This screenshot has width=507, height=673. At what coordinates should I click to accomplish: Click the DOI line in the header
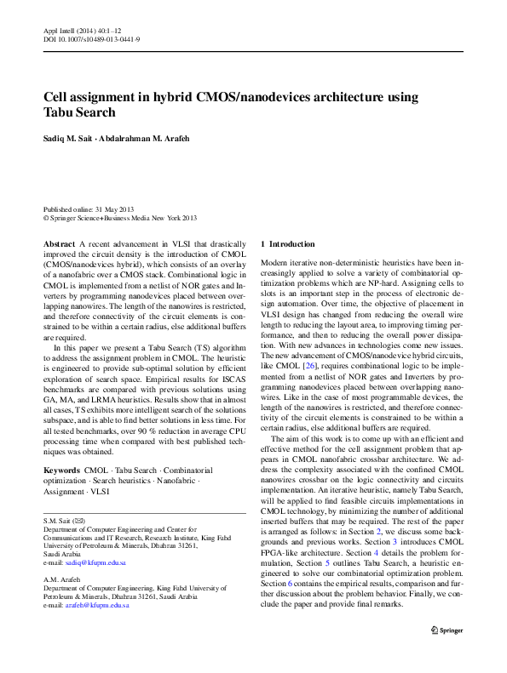pyautogui.click(x=91, y=40)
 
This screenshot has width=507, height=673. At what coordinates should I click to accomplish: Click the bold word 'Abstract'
pyautogui.click(x=59, y=244)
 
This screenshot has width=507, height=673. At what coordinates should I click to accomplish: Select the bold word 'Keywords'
pyautogui.click(x=61, y=470)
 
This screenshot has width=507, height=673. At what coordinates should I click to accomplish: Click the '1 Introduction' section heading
pyautogui.click(x=288, y=244)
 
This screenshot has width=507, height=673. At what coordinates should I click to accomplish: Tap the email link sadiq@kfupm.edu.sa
pyautogui.click(x=97, y=563)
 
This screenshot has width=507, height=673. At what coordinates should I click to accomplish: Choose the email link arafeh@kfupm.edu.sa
pyautogui.click(x=99, y=629)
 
